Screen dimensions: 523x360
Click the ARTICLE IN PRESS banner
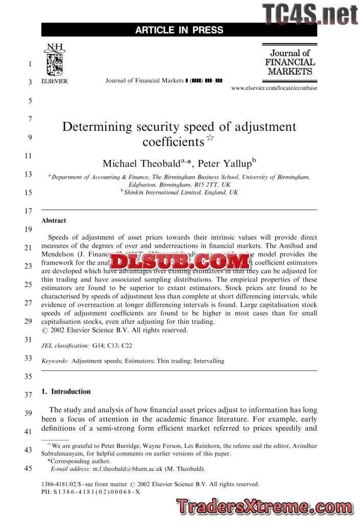click(x=179, y=30)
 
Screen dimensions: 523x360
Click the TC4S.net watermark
click(x=310, y=14)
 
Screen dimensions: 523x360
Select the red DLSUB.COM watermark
click(x=178, y=261)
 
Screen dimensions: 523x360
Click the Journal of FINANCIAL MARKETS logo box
click(x=290, y=62)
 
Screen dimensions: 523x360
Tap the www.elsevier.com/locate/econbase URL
click(x=274, y=88)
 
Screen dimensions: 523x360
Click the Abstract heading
click(x=54, y=221)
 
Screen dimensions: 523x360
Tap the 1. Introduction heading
click(x=66, y=392)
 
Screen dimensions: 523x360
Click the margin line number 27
click(x=29, y=303)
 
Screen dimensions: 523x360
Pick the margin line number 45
click(x=29, y=468)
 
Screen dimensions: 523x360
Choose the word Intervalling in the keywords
click(x=207, y=361)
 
